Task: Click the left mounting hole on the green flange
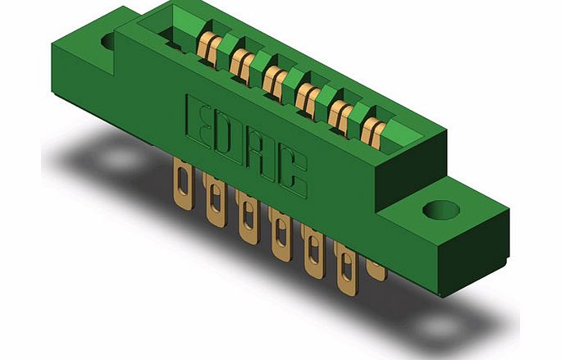tap(110, 39)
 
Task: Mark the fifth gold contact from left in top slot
tap(340, 112)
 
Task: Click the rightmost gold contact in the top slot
tap(372, 128)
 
